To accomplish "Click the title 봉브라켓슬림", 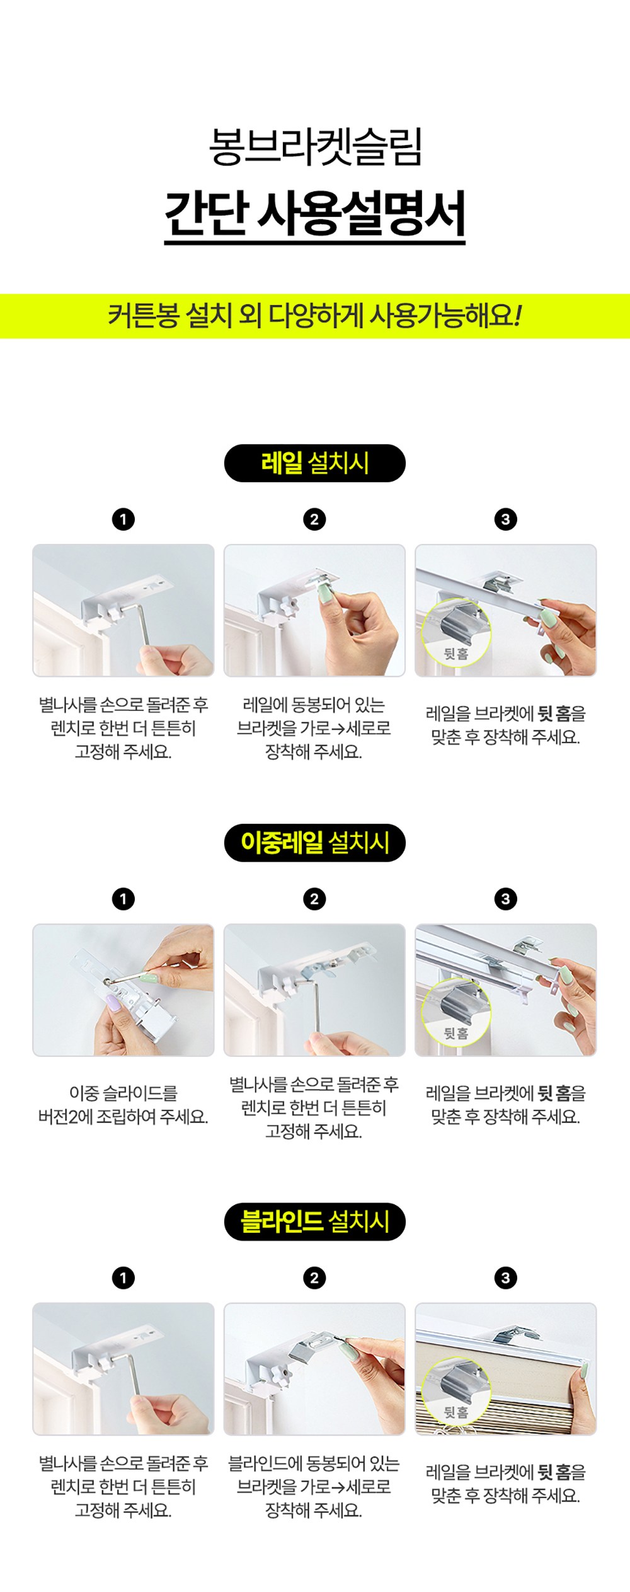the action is click(x=315, y=147).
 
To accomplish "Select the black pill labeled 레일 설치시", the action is click(x=315, y=463).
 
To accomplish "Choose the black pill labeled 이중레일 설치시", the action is click(x=315, y=843).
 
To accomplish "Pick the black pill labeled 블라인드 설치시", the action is click(x=315, y=1221).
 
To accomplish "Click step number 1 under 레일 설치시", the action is click(x=123, y=519).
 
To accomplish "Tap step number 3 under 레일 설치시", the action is click(x=506, y=519).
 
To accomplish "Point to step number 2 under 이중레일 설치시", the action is click(x=315, y=899).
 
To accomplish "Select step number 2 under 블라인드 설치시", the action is click(x=315, y=1278).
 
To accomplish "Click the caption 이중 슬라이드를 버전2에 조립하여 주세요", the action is click(x=123, y=1105).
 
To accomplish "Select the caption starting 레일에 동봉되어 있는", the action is click(x=314, y=729).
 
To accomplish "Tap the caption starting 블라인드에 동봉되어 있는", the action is click(x=314, y=1486).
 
